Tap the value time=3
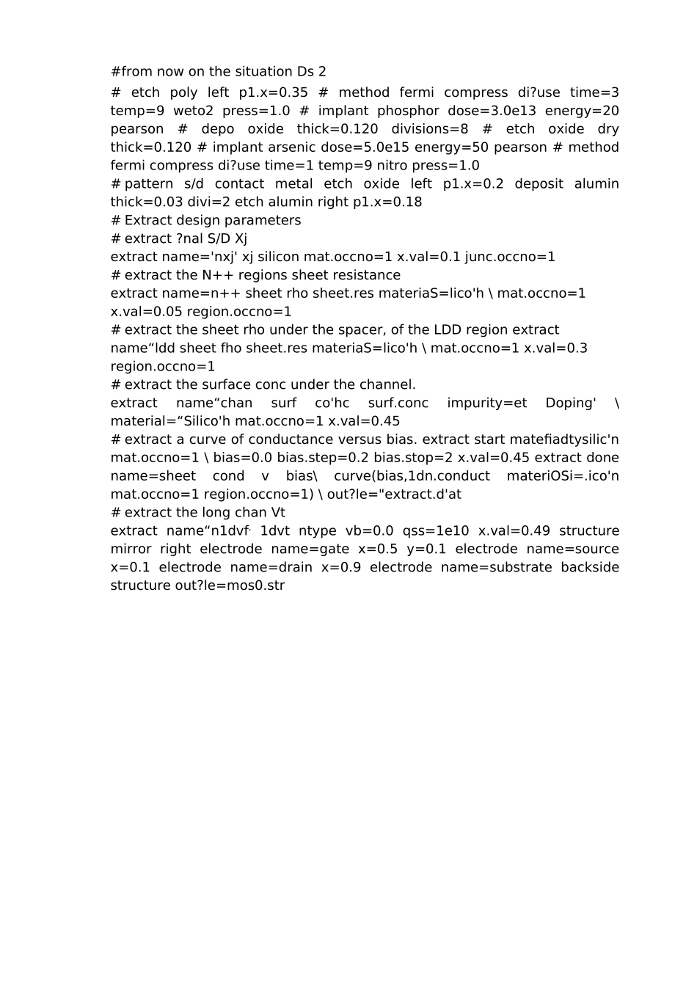(x=594, y=92)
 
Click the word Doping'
(x=571, y=403)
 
